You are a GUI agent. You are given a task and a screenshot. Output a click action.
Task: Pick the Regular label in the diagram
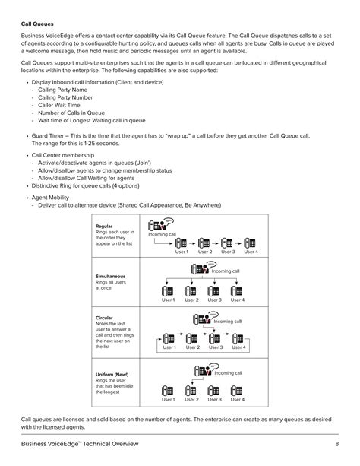(x=104, y=226)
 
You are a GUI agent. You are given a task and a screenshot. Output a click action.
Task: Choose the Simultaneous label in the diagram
(x=111, y=277)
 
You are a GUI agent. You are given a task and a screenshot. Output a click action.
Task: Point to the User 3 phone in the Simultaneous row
(x=215, y=290)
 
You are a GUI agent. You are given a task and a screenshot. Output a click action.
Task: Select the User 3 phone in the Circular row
(x=215, y=338)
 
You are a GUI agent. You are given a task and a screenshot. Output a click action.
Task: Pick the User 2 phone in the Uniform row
(x=191, y=388)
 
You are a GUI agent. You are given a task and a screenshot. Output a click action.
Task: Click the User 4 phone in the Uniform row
(x=238, y=388)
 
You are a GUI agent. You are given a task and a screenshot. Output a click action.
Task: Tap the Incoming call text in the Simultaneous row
(x=226, y=271)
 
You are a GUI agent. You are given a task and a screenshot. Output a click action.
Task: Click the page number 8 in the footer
(x=336, y=445)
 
